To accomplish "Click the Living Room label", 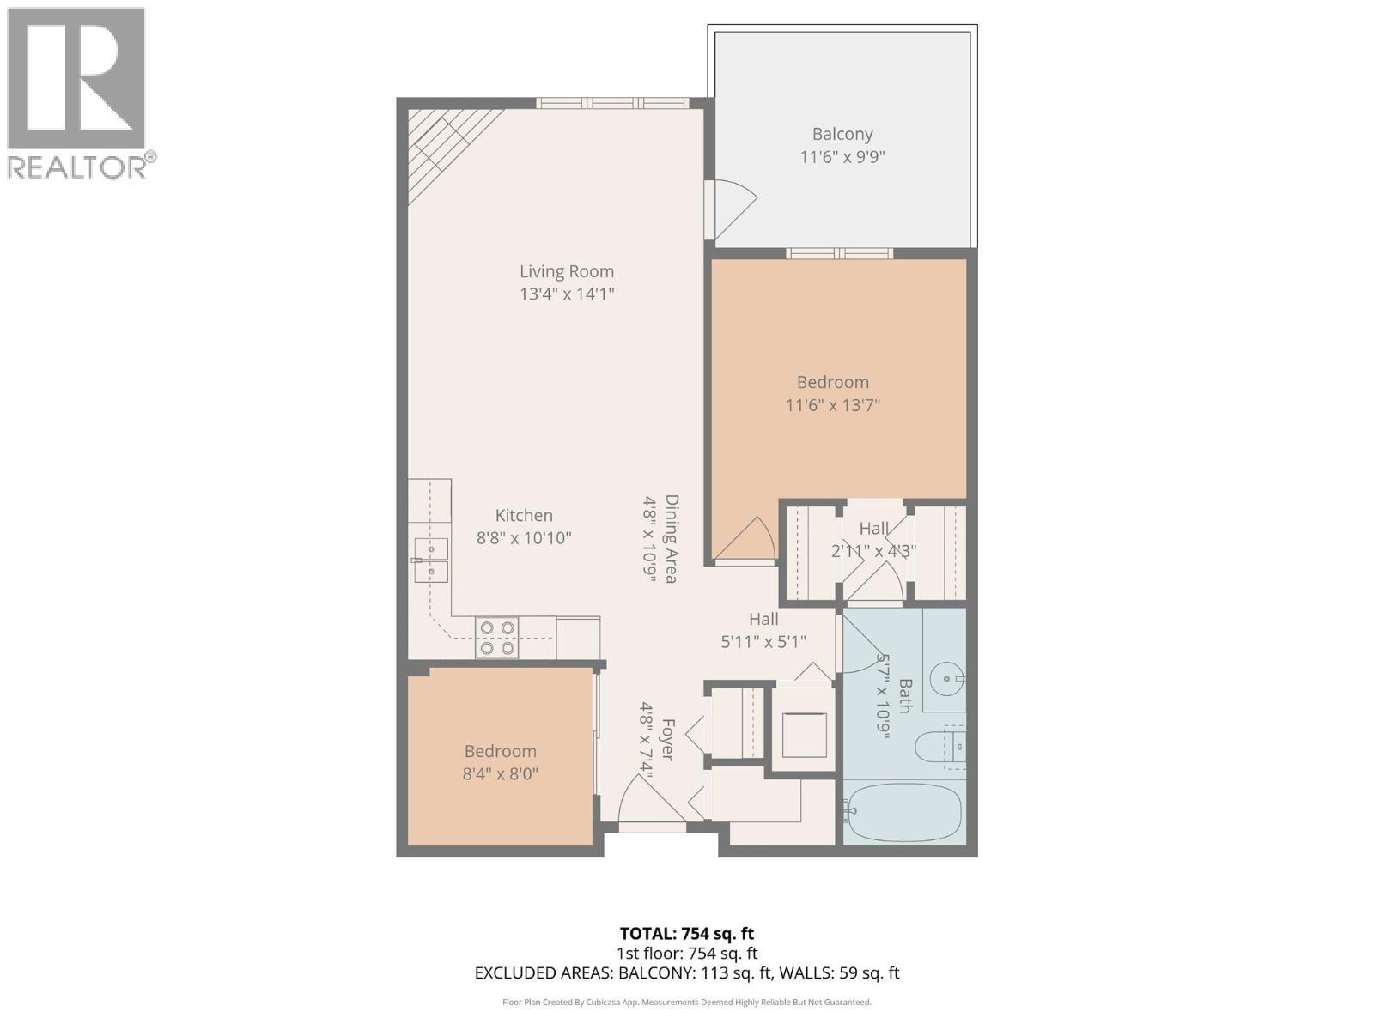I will [566, 271].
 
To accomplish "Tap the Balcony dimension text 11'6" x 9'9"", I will [842, 157].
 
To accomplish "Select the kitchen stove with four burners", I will [497, 639].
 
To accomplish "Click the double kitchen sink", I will [431, 560].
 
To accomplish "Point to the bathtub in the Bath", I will [903, 812].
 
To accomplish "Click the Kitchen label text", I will [524, 515].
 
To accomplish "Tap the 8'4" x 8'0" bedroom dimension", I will [500, 773].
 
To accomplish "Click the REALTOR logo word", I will [78, 167].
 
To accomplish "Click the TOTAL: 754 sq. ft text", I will [686, 933].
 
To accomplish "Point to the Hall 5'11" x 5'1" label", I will [763, 629].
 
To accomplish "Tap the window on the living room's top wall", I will [612, 103].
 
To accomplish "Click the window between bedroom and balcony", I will [839, 253].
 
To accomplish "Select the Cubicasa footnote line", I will [686, 1002].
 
